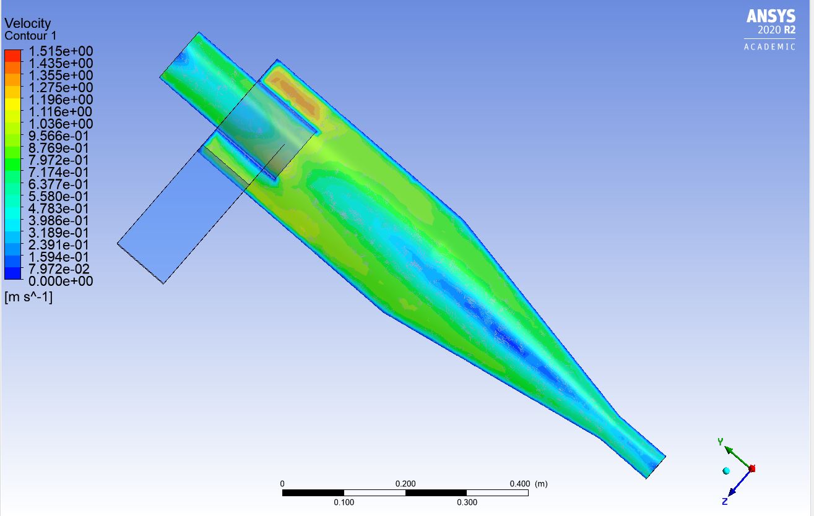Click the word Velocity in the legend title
point(27,24)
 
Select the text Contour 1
point(30,35)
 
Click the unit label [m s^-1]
point(28,298)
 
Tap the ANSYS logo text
point(771,16)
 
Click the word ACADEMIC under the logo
point(769,47)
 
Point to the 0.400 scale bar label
point(519,483)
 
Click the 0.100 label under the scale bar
point(344,502)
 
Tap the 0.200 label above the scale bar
point(405,483)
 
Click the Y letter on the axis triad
point(720,441)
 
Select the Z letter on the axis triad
point(724,501)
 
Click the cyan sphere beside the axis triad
point(726,471)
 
